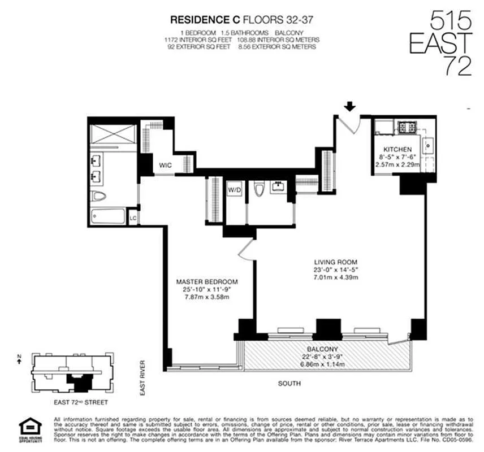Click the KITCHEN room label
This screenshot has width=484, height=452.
pyautogui.click(x=394, y=150)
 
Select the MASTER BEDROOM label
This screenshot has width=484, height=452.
pyautogui.click(x=207, y=282)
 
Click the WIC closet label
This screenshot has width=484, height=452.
pyautogui.click(x=165, y=165)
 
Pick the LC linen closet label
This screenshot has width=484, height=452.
pyautogui.click(x=133, y=218)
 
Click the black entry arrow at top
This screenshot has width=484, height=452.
pyautogui.click(x=350, y=106)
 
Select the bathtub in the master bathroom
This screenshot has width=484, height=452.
pyautogui.click(x=108, y=216)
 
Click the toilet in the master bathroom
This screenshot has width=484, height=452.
pyautogui.click(x=100, y=196)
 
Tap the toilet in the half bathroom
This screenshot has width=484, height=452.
pyautogui.click(x=259, y=190)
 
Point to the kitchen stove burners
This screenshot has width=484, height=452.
pyautogui.click(x=406, y=127)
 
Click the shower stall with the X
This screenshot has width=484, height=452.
pyautogui.click(x=113, y=134)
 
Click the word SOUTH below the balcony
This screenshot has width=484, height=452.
pyautogui.click(x=289, y=384)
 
